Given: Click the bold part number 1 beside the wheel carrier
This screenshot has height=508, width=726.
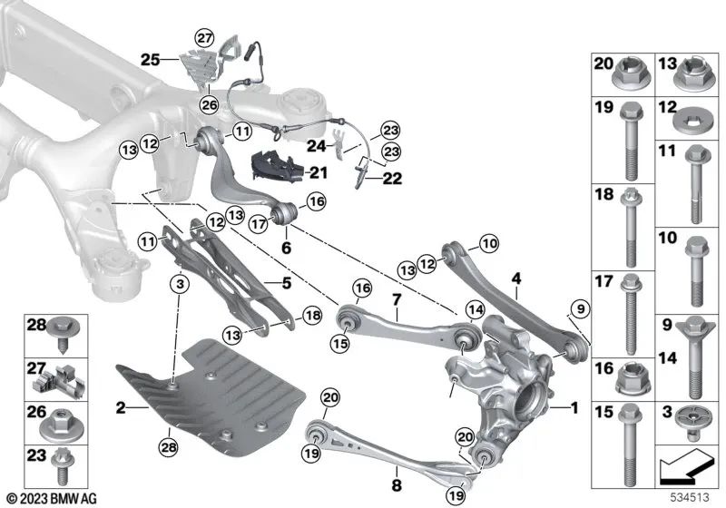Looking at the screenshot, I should pyautogui.click(x=574, y=409).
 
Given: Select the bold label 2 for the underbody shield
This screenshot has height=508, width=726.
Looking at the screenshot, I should pyautogui.click(x=120, y=409).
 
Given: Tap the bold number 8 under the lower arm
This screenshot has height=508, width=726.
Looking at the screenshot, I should pyautogui.click(x=397, y=472).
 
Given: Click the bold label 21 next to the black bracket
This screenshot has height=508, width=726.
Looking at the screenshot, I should pyautogui.click(x=319, y=172).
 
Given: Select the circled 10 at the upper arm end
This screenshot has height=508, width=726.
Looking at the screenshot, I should pyautogui.click(x=490, y=243).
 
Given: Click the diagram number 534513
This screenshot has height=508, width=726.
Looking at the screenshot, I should pyautogui.click(x=692, y=497).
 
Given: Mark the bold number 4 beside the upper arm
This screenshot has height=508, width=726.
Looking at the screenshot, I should pyautogui.click(x=516, y=278).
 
